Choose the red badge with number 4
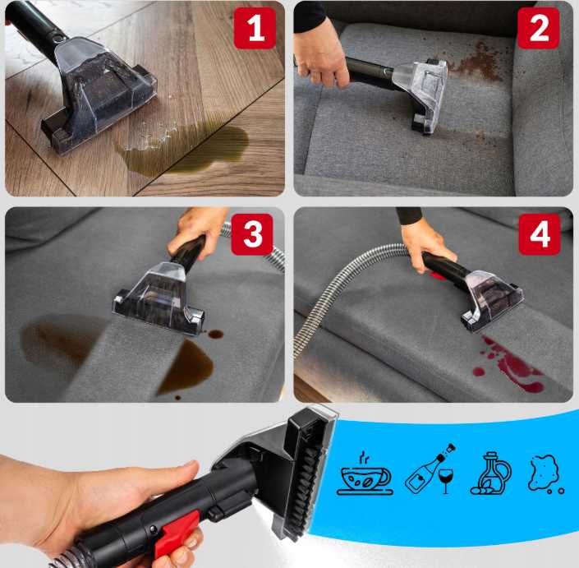click(x=539, y=235)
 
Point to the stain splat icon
click(x=545, y=473)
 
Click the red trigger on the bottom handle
click(x=176, y=529)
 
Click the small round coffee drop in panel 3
click(x=215, y=335)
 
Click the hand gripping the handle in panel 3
click(x=197, y=226)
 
